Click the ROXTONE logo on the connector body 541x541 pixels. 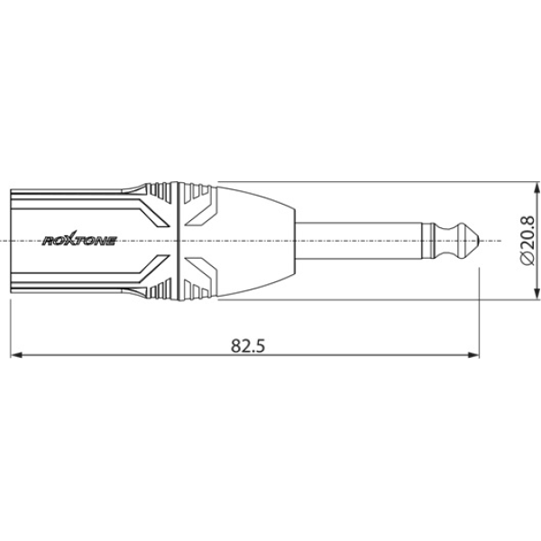(x=79, y=241)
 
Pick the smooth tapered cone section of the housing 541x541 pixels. (x=257, y=241)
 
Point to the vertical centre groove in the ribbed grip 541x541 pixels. (x=179, y=241)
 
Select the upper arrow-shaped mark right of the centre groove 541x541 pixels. (x=202, y=214)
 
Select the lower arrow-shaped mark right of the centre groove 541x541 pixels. (x=202, y=268)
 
